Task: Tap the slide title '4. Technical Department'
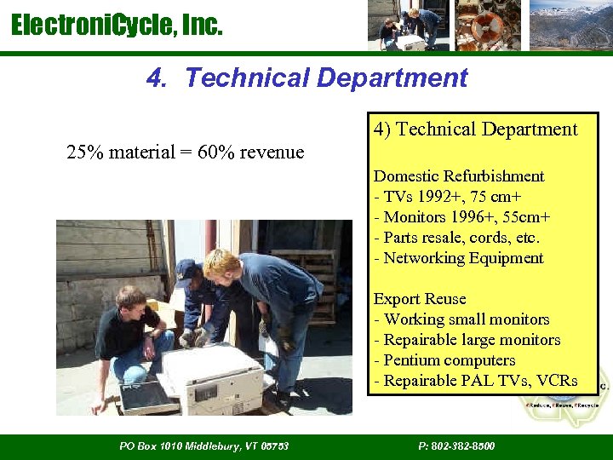(306, 78)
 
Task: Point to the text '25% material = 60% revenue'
(185, 152)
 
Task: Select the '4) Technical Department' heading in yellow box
(475, 129)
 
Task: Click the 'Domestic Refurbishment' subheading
(459, 176)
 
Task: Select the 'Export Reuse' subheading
(420, 299)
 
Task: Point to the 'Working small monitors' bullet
(461, 319)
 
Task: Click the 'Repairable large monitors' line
(467, 340)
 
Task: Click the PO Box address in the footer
(204, 446)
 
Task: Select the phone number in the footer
(456, 446)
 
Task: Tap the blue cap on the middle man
(186, 269)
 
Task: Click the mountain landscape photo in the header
(570, 26)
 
